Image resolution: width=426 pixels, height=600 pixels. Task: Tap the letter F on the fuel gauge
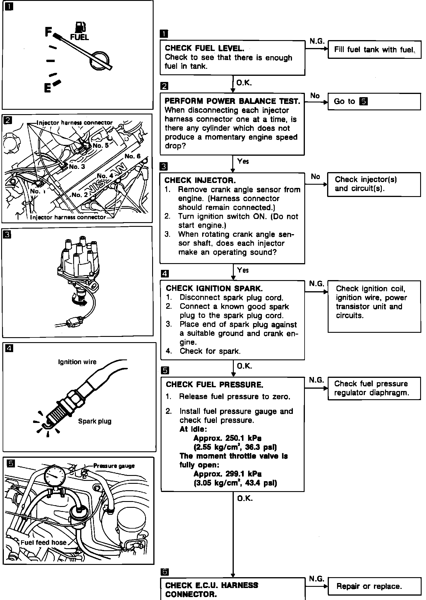tap(48, 32)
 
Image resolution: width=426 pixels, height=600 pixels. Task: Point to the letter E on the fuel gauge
tap(47, 88)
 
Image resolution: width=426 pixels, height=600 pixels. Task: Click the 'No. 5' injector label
tap(101, 145)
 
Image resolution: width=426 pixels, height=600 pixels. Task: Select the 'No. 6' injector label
tap(133, 156)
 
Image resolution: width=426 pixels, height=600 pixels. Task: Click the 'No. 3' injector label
tap(77, 167)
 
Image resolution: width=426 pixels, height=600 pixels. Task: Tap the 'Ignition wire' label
tap(77, 362)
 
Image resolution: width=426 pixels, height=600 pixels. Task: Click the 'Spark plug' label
tap(95, 421)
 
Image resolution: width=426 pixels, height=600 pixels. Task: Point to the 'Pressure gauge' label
tap(114, 466)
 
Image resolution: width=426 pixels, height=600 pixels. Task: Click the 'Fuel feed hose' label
tap(44, 542)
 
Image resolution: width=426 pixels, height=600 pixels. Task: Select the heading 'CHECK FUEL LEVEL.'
tap(205, 48)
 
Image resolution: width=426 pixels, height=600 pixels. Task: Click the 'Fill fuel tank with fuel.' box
tap(374, 50)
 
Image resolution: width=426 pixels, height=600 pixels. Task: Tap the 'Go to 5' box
tap(374, 102)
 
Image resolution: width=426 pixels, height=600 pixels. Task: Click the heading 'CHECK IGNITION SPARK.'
tap(214, 288)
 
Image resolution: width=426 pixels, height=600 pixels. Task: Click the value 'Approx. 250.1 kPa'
tap(227, 438)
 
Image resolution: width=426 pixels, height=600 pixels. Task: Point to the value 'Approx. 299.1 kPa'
tap(227, 474)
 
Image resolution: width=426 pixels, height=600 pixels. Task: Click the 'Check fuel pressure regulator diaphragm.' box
tap(374, 388)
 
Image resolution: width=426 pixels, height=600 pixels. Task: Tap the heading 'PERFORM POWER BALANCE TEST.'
tap(232, 101)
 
